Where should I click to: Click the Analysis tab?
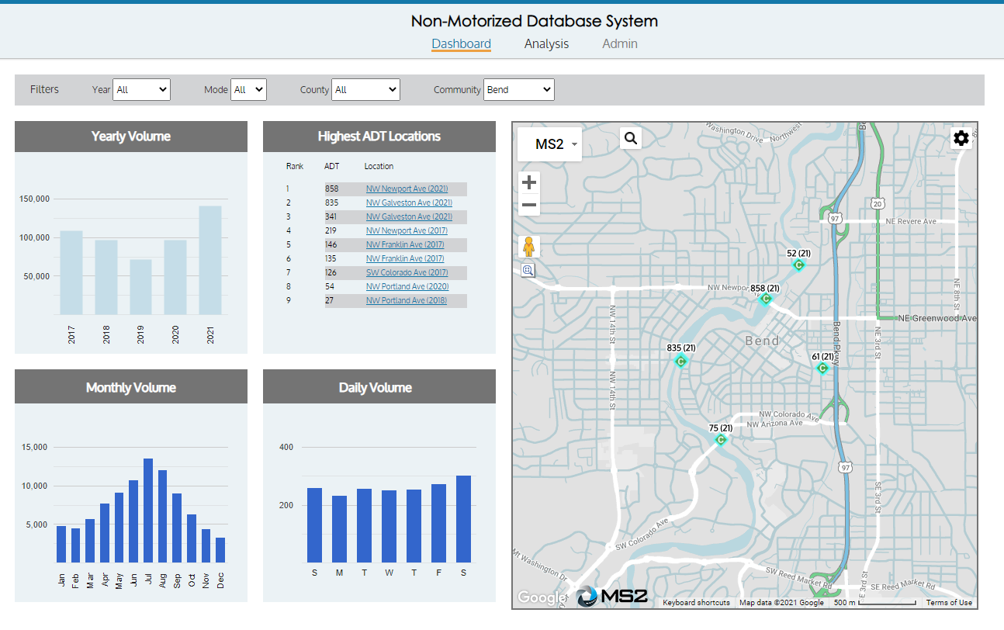pyautogui.click(x=546, y=44)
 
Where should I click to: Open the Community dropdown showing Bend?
pyautogui.click(x=518, y=90)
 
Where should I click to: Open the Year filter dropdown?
pyautogui.click(x=141, y=90)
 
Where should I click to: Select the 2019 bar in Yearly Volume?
pyautogui.click(x=140, y=287)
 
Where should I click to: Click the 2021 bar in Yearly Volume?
pyautogui.click(x=209, y=260)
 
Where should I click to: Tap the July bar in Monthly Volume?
pyautogui.click(x=147, y=511)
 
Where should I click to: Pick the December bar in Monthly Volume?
pyautogui.click(x=220, y=550)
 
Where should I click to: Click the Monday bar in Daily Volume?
pyautogui.click(x=339, y=529)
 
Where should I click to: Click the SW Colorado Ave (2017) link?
pyautogui.click(x=407, y=273)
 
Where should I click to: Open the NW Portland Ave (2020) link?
pyautogui.click(x=407, y=287)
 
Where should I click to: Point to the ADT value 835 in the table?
pyautogui.click(x=332, y=203)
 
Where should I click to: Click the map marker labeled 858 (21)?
pyautogui.click(x=766, y=299)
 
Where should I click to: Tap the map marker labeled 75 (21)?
pyautogui.click(x=720, y=440)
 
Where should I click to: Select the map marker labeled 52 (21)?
pyautogui.click(x=798, y=265)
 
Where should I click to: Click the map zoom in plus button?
pyautogui.click(x=529, y=182)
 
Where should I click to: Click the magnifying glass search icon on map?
pyautogui.click(x=631, y=138)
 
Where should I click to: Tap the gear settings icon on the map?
pyautogui.click(x=961, y=138)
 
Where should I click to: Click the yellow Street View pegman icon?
pyautogui.click(x=528, y=247)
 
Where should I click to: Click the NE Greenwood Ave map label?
pyautogui.click(x=936, y=318)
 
